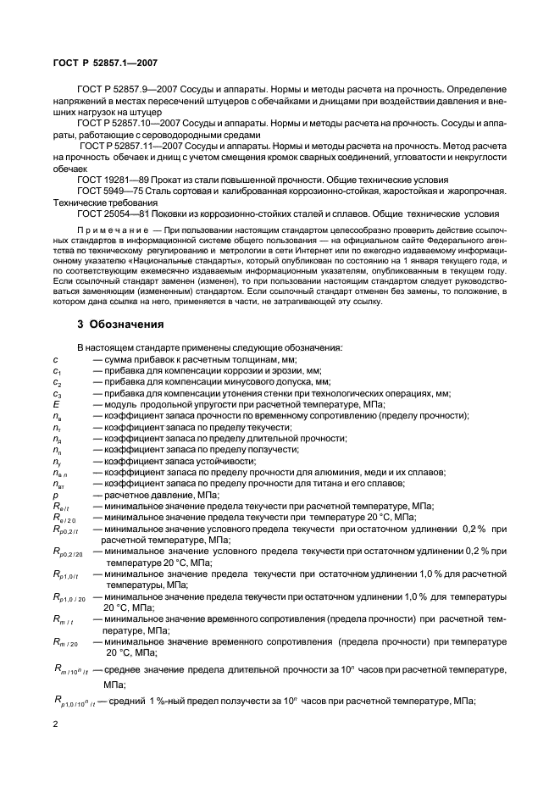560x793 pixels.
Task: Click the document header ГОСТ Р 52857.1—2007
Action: click(x=99, y=63)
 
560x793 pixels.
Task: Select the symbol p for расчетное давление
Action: click(x=55, y=495)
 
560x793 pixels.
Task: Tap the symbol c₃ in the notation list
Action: click(x=56, y=393)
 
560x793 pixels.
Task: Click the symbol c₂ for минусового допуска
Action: click(x=56, y=382)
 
